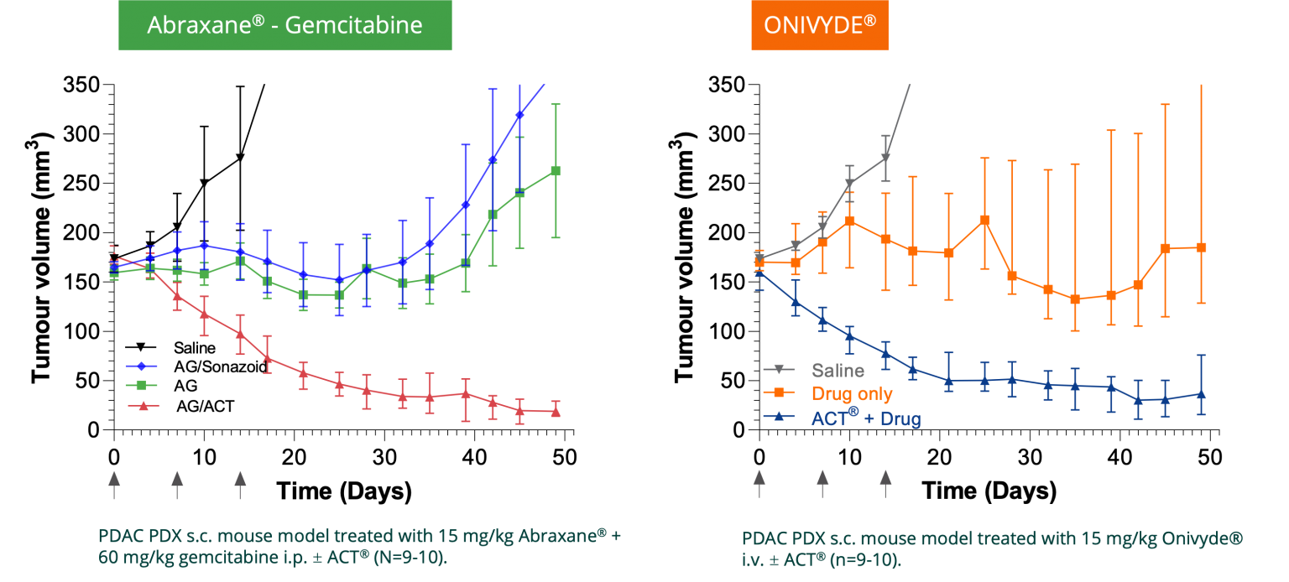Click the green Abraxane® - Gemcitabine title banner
pyautogui.click(x=284, y=25)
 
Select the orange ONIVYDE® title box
pyautogui.click(x=819, y=25)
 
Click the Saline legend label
pyautogui.click(x=838, y=370)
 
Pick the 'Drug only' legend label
pyautogui.click(x=852, y=393)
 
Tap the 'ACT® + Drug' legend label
pyautogui.click(x=865, y=418)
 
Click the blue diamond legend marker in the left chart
pyautogui.click(x=141, y=366)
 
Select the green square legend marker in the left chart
pyautogui.click(x=141, y=385)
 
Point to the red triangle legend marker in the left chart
pyautogui.click(x=143, y=406)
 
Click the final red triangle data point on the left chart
pyautogui.click(x=556, y=412)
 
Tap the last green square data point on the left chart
pyautogui.click(x=556, y=171)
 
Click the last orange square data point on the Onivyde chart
pyautogui.click(x=1202, y=247)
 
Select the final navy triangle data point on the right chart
pyautogui.click(x=1202, y=393)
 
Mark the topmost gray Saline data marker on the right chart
pyautogui.click(x=885, y=158)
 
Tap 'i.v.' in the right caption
pyautogui.click(x=752, y=559)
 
